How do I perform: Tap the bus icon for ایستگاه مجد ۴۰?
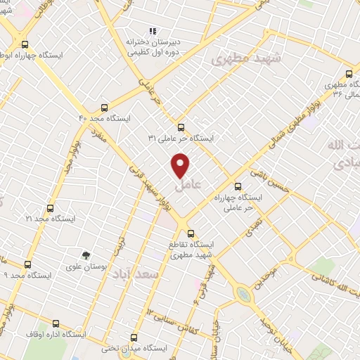[104, 108]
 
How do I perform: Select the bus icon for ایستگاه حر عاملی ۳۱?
[181, 127]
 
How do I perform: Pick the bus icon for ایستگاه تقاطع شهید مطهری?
[190, 232]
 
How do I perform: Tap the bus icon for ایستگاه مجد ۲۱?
[50, 208]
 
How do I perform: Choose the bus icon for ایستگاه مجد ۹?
[27, 264]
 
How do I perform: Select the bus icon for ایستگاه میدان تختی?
[134, 337]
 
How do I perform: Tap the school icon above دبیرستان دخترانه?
[152, 30]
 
